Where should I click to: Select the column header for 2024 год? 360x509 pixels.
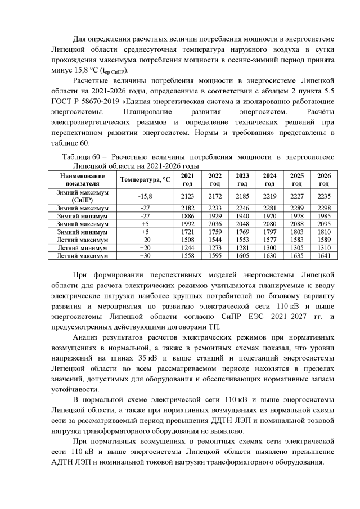coord(269,179)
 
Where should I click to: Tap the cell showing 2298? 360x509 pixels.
coord(323,208)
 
